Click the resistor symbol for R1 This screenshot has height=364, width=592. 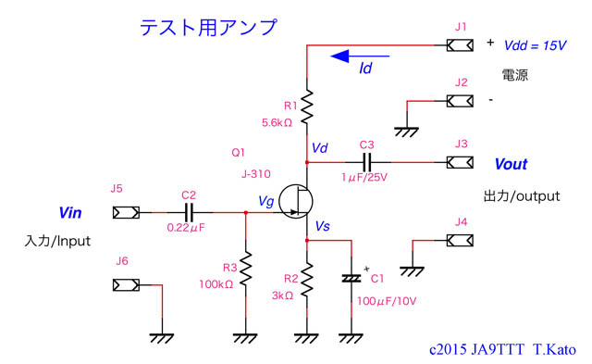306,107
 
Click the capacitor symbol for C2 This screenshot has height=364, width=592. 189,212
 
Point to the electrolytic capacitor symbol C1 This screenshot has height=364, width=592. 351,278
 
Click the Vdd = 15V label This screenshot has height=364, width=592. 535,44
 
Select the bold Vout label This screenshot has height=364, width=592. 511,164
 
